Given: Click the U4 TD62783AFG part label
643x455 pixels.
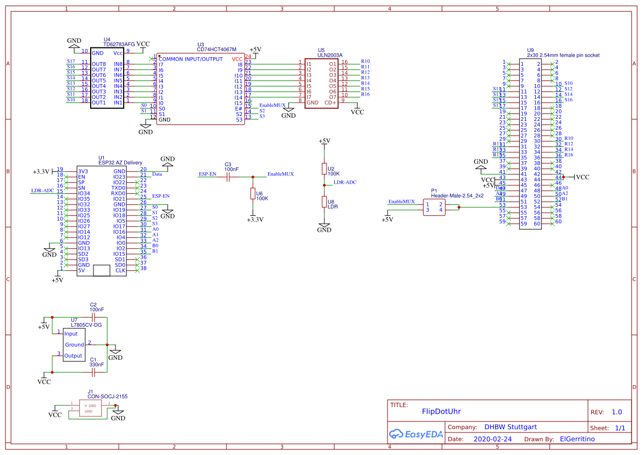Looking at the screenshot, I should pos(119,44).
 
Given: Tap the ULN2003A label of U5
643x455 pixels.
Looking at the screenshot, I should pos(330,55).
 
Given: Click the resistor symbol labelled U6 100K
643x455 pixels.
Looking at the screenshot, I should pos(253,193).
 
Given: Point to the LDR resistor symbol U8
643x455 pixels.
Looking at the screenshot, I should pos(324,202).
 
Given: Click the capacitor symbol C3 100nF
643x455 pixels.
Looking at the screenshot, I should pos(228,177).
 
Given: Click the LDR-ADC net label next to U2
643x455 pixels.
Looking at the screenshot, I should pos(345,182).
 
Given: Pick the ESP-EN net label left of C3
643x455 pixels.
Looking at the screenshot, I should pos(207,174).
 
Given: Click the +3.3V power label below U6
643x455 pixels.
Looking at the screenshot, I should pos(255,219).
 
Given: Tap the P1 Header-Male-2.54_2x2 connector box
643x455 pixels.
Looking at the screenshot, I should pos(434,207).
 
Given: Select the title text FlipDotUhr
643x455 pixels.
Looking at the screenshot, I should pos(441,411).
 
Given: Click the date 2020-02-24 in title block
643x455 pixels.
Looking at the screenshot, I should pos(492,439).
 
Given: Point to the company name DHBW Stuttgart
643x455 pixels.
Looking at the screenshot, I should pos(510,427).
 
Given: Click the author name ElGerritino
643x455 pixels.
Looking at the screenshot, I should pos(577,439).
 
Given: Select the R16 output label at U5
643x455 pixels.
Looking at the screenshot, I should pos(365,95).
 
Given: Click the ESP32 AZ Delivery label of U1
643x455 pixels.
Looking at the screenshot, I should pos(120,162).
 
